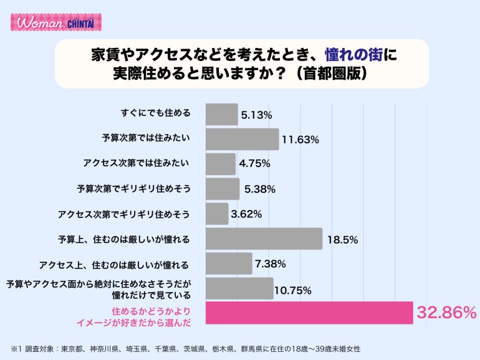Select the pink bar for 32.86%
coord(309,313)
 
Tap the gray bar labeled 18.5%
coord(263,239)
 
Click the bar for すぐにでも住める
coord(221,115)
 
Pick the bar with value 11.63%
coord(242,140)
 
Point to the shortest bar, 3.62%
coord(217,214)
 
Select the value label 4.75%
coord(254,164)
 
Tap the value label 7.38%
coord(270,264)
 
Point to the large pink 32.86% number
coord(447,313)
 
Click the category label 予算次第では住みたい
coord(146,138)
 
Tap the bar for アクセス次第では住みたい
coord(220,164)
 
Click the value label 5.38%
coord(259,189)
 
